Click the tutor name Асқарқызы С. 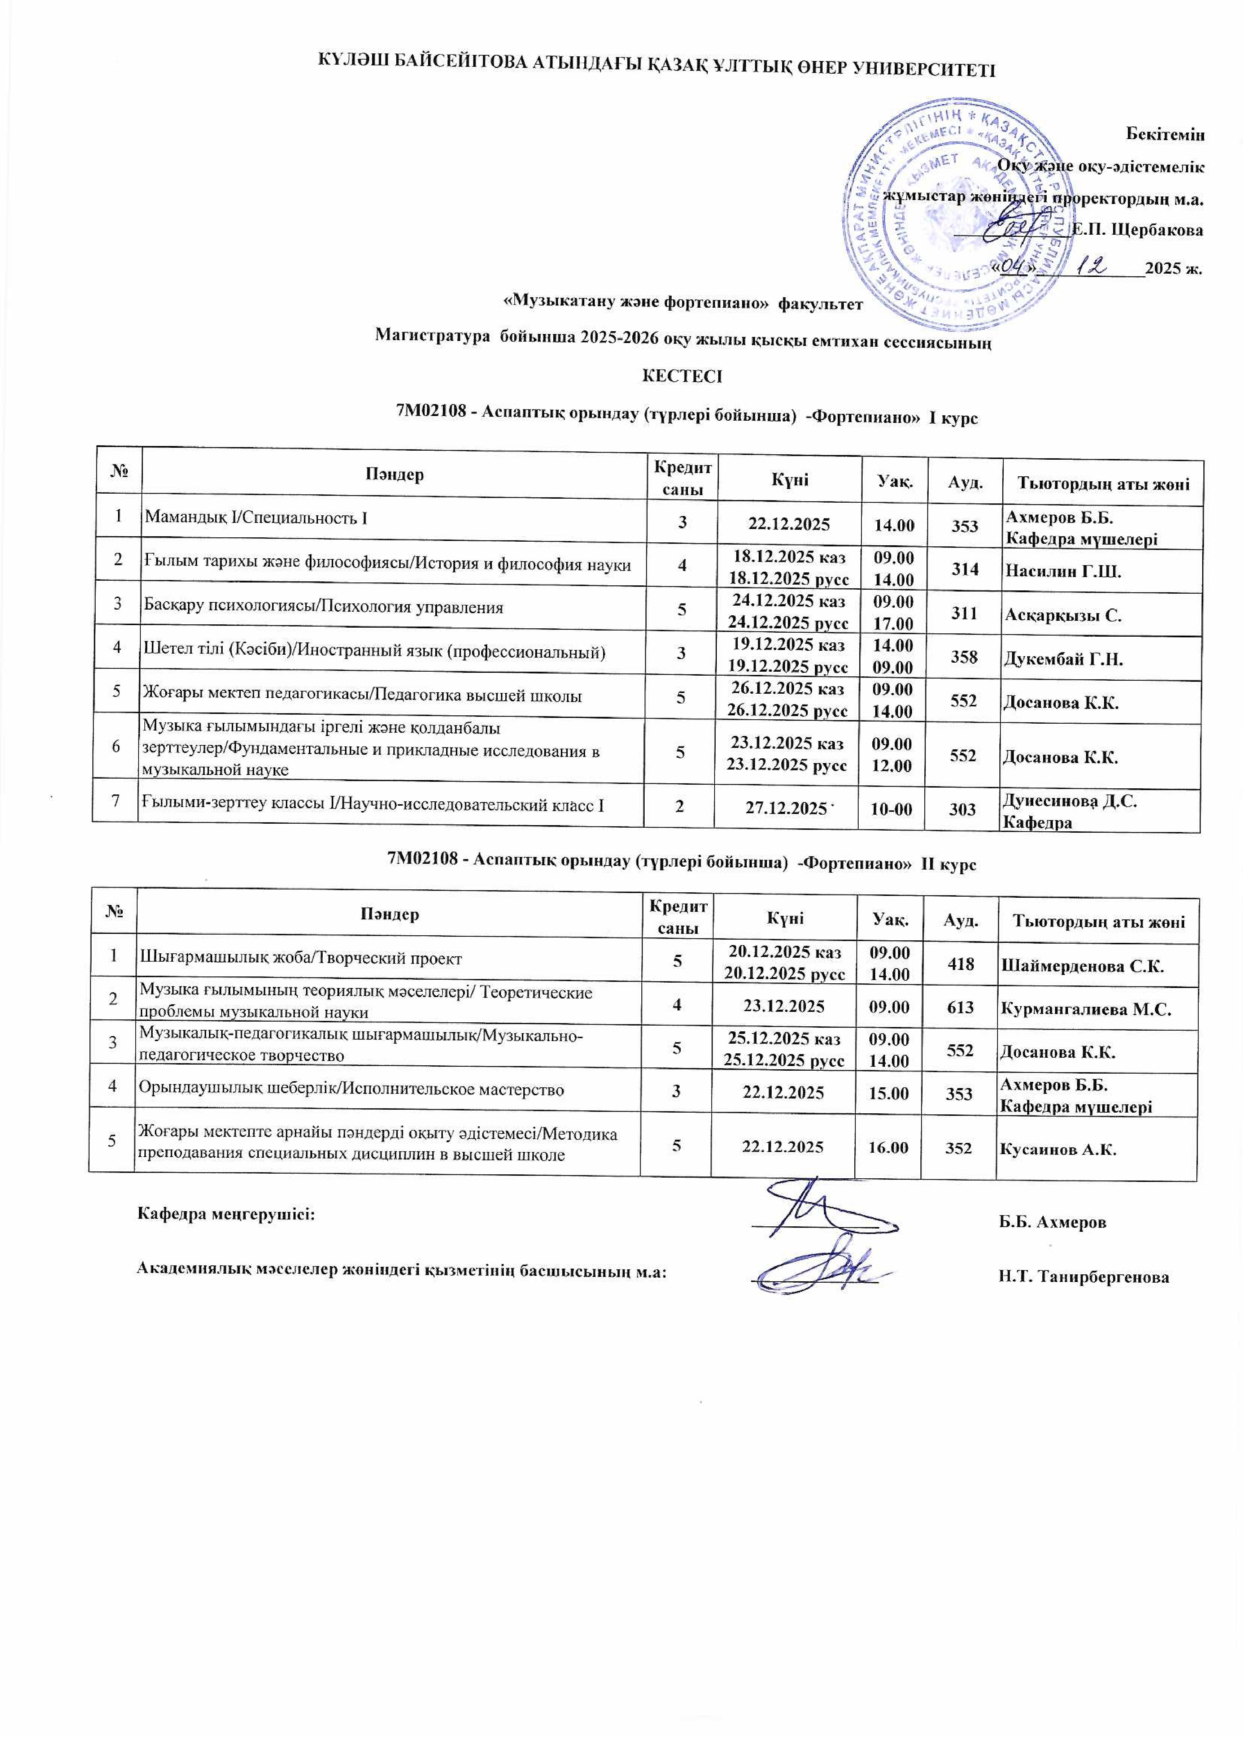1062,615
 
